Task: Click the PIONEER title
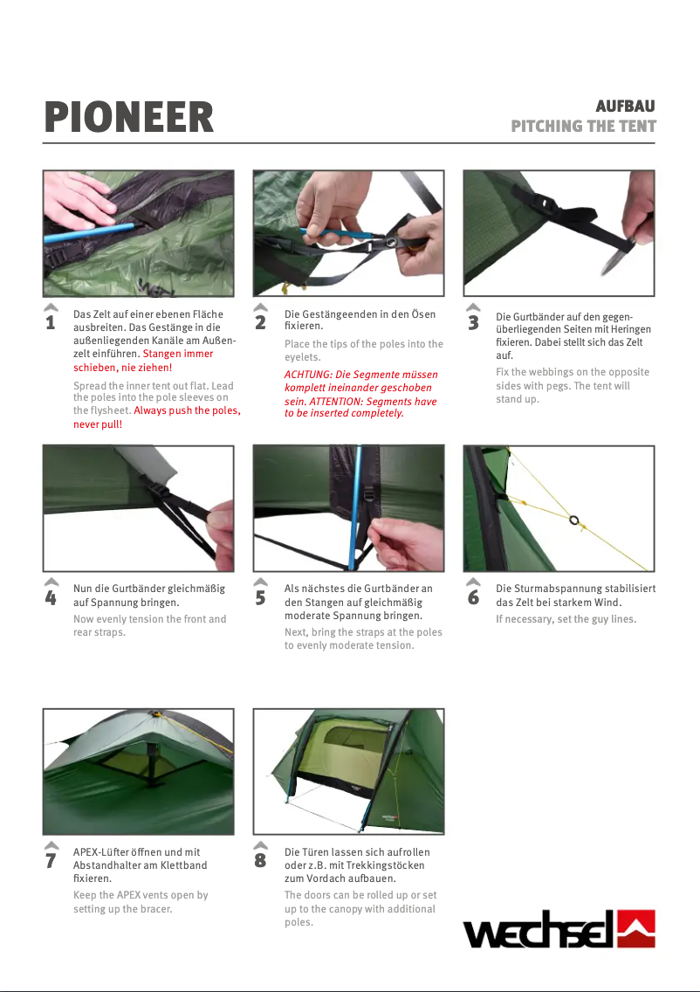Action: point(129,117)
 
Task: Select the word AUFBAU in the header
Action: point(625,106)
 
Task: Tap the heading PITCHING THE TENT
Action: point(583,126)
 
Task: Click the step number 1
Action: point(51,322)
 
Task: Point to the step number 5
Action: point(260,598)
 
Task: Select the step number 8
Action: point(260,860)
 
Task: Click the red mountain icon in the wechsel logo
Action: point(635,928)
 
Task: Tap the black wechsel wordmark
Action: point(539,929)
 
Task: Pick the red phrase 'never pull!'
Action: point(98,424)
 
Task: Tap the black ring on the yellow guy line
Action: point(573,520)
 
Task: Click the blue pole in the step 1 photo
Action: point(89,231)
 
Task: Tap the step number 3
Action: point(473,322)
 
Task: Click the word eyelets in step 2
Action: point(302,357)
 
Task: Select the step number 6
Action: point(473,598)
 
